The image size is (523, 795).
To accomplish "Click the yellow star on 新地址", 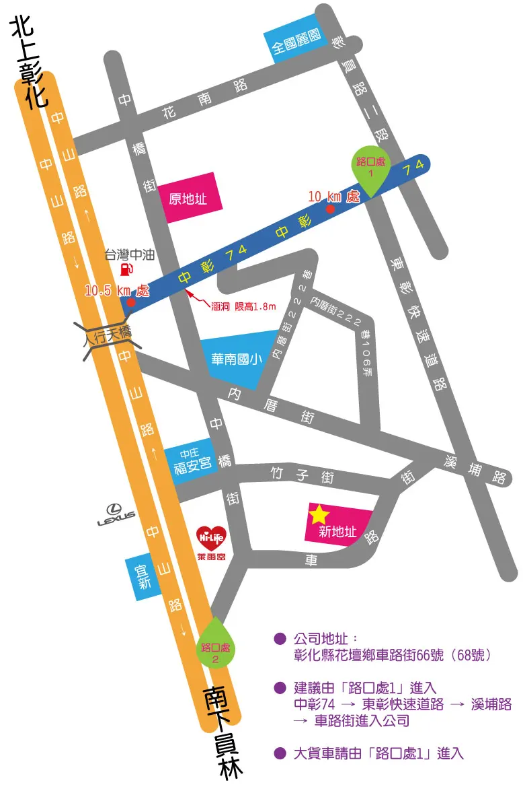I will coord(319,515).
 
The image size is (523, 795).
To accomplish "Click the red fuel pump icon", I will coord(125,270).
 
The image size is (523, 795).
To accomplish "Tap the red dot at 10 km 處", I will coord(330,209).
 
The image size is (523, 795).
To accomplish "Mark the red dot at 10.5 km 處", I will coord(130,303).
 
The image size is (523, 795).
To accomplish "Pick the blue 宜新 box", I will coord(142,578).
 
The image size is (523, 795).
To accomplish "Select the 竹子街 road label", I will coord(300,475).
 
